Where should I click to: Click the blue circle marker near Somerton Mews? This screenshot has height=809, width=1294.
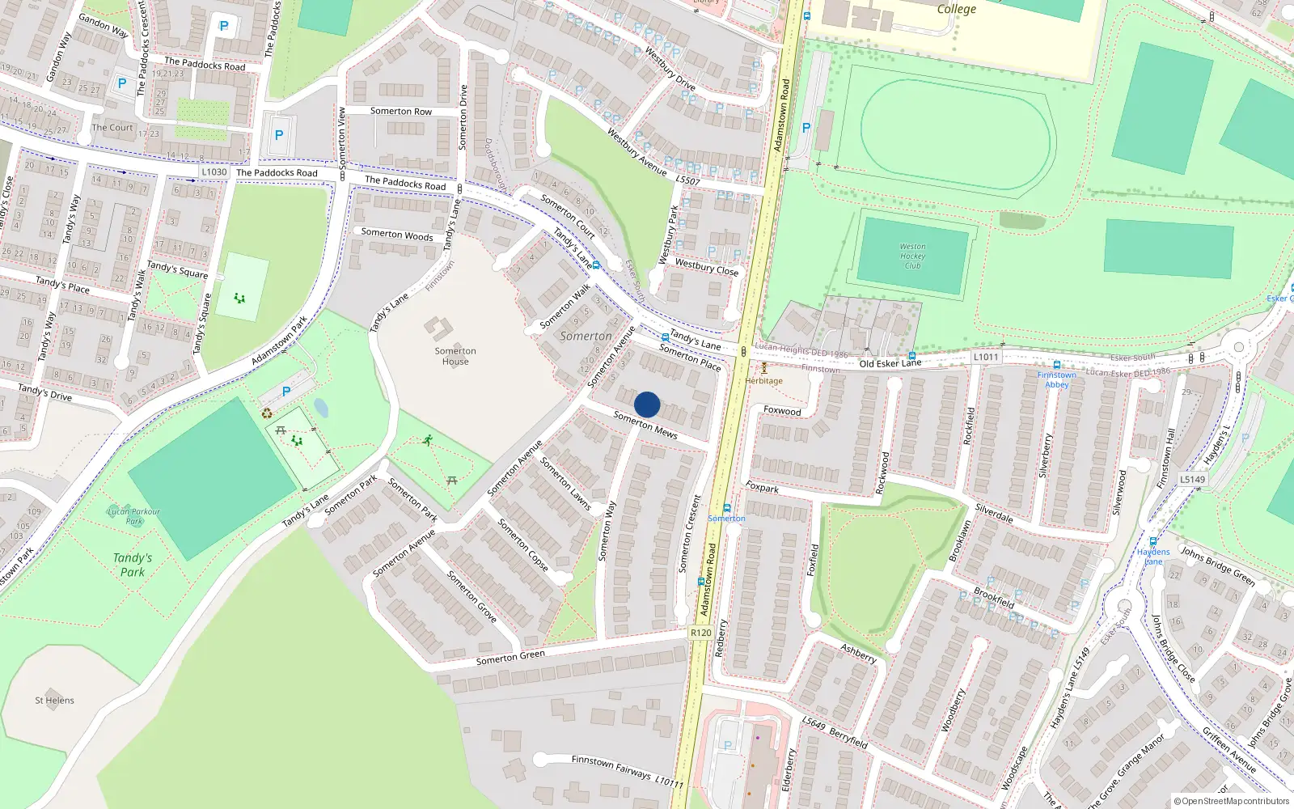coord(647,404)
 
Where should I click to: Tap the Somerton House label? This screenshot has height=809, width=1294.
coord(455,356)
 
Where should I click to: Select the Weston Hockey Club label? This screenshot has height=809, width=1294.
coord(912,256)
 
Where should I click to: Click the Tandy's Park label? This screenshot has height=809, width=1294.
coord(133,565)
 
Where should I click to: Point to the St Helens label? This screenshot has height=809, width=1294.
coord(54,701)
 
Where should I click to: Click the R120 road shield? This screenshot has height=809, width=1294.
coord(701,633)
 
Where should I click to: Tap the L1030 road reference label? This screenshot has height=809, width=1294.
coord(214,172)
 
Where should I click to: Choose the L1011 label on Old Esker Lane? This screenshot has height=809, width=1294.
coord(986,357)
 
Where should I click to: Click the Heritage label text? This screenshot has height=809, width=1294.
coord(763,381)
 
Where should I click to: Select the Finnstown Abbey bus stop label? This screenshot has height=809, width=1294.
coord(1057,379)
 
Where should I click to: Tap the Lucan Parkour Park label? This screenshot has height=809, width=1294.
coord(134,516)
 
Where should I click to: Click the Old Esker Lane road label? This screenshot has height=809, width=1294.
coord(890,363)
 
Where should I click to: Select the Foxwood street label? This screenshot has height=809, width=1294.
coord(782,411)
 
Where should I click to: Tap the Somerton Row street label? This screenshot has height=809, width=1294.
coord(401,112)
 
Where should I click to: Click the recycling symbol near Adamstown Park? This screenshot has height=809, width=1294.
coord(267,414)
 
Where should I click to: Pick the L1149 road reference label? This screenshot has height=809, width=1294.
coord(1192,479)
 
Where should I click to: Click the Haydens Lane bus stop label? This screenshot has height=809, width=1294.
coord(1153,557)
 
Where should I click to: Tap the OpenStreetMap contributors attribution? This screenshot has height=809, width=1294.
coord(1231,801)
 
